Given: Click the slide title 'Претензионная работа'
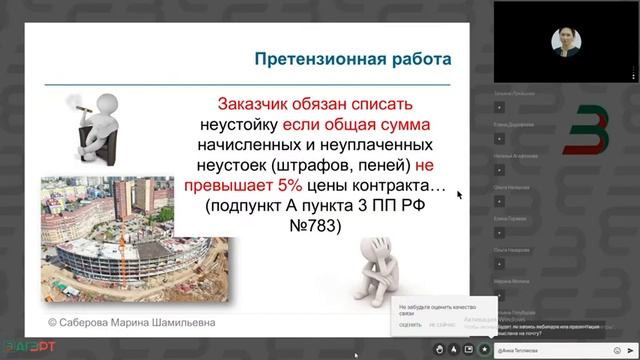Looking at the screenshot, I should [x=349, y=59].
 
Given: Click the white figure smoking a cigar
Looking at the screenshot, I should [x=85, y=125].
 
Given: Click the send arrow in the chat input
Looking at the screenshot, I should [x=629, y=349].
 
